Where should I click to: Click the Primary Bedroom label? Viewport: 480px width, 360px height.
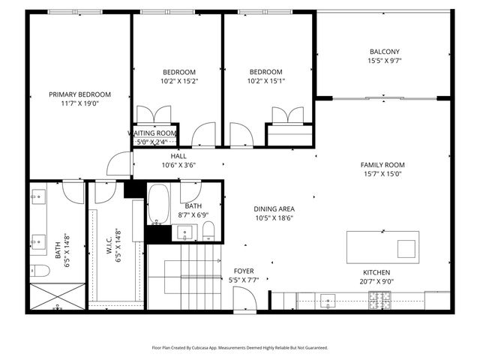coord(80,94)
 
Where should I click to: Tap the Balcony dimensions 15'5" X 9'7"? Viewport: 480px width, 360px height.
coord(384,61)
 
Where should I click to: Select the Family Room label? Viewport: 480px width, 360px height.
coord(382,165)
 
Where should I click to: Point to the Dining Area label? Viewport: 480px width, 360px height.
coord(274,209)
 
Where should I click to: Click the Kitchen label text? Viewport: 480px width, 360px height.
coord(376,272)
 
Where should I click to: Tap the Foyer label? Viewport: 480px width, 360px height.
coord(244,271)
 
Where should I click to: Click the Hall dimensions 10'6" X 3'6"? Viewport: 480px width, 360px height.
coord(178,165)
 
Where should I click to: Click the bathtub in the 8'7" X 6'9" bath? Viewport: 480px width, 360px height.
coord(158,204)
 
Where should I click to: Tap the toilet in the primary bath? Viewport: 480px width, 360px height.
coord(40,271)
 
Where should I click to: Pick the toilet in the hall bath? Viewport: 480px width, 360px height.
coord(208,231)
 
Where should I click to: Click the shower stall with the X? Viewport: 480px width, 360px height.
coord(58,296)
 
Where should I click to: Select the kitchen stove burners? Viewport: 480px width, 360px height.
coord(380,300)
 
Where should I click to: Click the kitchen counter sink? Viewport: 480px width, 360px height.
coord(328,301)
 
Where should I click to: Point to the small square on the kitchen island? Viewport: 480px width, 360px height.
coord(406,249)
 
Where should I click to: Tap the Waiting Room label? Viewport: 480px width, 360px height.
coord(152,133)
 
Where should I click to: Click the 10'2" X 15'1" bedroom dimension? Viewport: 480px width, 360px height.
coord(266,81)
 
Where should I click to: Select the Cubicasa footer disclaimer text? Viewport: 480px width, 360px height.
coord(240,348)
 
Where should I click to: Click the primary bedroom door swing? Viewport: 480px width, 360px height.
coord(119,163)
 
